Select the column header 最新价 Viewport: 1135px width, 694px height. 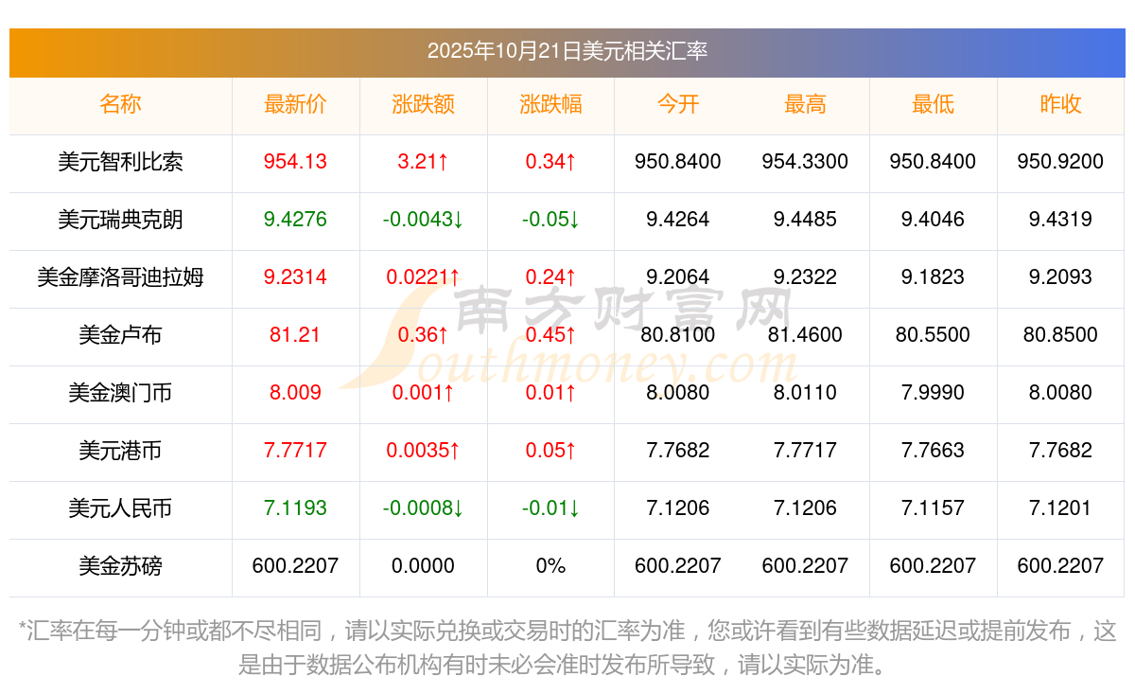295,104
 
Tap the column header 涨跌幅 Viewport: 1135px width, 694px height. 550,104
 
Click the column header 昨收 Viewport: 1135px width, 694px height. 1060,104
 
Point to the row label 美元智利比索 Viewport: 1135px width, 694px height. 120,162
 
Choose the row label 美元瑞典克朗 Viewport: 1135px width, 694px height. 120,220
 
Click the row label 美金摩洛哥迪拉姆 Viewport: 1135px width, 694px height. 120,277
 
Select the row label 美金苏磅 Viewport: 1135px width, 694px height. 120,566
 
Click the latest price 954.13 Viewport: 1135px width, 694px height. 295,162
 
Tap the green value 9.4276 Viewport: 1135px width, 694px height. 295,220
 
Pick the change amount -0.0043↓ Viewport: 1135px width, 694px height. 423,220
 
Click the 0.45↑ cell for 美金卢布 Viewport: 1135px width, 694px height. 550,335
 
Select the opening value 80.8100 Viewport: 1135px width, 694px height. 677,335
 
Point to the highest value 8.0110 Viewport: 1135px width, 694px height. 805,393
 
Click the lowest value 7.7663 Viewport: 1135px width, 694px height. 933,451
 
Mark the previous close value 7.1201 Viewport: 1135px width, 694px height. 1060,508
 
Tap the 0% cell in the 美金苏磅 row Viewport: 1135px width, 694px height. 550,566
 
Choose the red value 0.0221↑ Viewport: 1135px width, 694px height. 423,277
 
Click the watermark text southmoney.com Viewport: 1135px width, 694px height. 605,365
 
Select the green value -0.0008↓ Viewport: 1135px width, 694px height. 423,508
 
